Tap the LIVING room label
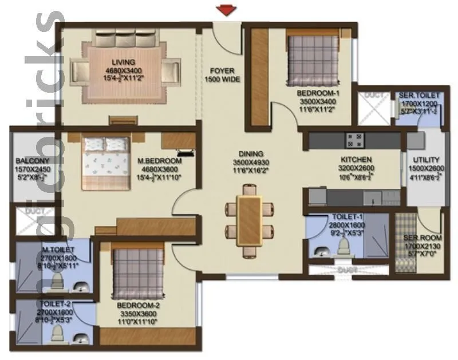pos(123,62)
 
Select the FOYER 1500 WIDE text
pos(222,74)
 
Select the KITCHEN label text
pos(357,160)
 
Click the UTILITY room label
pos(426,160)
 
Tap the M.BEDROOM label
pos(159,161)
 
